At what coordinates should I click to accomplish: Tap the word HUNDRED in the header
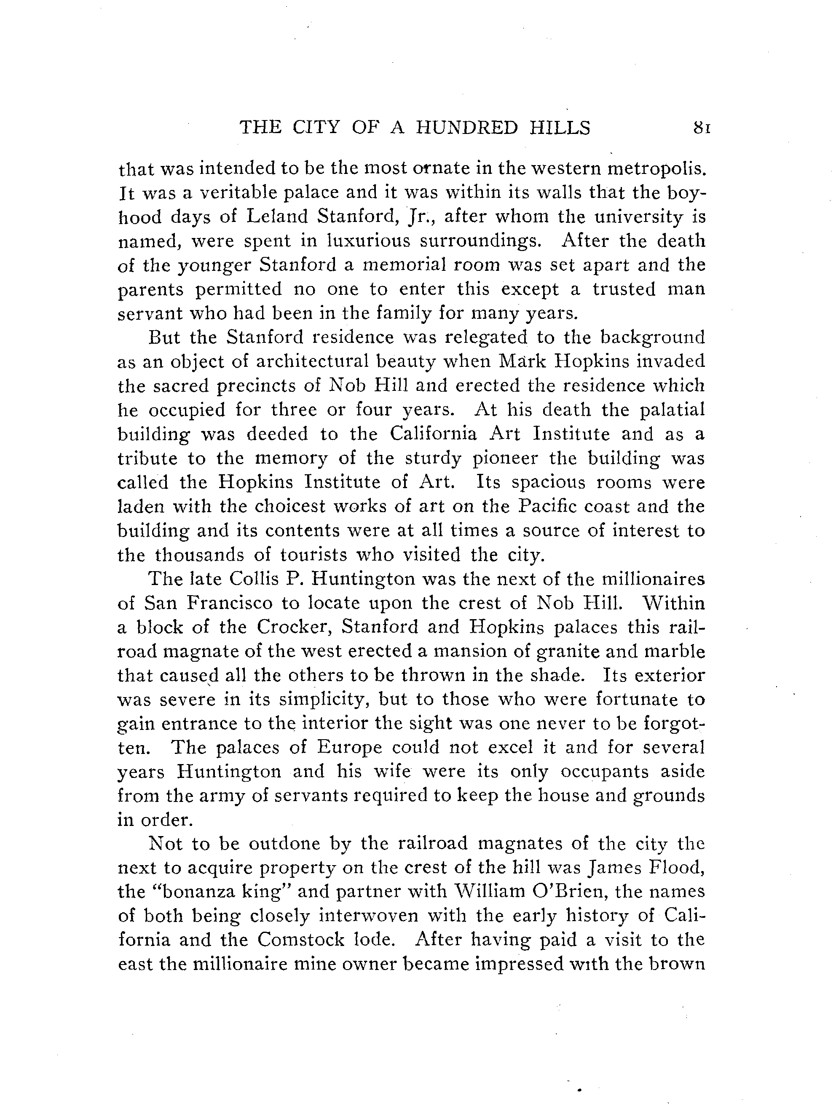(467, 128)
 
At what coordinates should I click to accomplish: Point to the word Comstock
(290, 940)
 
